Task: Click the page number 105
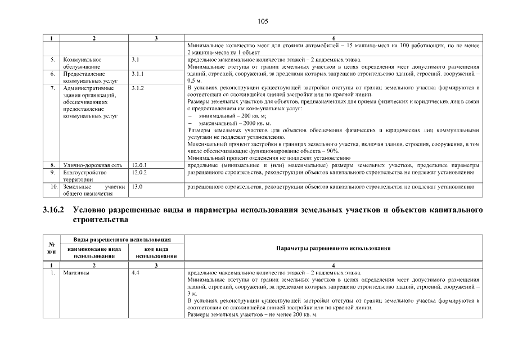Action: pyautogui.click(x=263, y=21)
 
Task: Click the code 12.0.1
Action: pyautogui.click(x=139, y=165)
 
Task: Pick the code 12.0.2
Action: pyautogui.click(x=139, y=172)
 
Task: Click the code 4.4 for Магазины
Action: pyautogui.click(x=135, y=273)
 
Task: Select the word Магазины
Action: pyautogui.click(x=77, y=273)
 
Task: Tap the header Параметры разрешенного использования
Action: pyautogui.click(x=334, y=248)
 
